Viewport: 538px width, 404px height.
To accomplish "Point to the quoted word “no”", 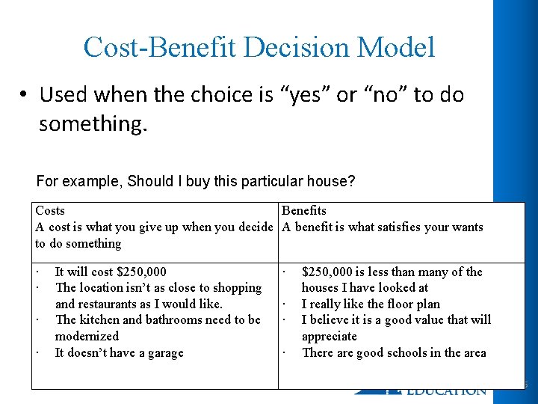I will pos(380,95).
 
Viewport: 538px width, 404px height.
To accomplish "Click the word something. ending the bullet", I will pos(93,123).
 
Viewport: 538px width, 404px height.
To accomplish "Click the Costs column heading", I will pos(50,211).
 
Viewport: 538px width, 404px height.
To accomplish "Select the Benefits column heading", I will pos(303,211).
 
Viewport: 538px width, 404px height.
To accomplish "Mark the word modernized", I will pos(87,337).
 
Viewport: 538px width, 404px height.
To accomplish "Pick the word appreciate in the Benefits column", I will pos(329,337).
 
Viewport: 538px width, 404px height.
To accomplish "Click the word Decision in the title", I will pos(291,47).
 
